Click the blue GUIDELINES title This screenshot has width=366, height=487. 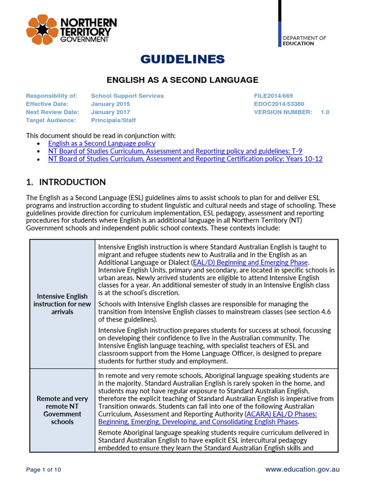click(183, 59)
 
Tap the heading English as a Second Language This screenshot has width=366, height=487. click(183, 80)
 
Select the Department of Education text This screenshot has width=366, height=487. click(305, 40)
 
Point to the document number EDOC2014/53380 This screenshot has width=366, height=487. click(279, 104)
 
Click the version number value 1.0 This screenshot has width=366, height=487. click(325, 112)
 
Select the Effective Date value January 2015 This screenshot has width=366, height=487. click(111, 104)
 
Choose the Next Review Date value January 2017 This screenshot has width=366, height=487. click(111, 112)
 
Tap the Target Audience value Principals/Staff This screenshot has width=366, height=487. click(112, 120)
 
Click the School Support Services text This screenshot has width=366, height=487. click(127, 96)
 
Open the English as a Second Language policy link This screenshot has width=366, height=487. click(102, 143)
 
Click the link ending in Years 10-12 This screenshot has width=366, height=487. click(185, 159)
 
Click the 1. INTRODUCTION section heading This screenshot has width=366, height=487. click(66, 182)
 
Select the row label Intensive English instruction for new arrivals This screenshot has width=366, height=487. click(62, 304)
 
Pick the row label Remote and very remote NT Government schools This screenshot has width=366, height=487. click(62, 410)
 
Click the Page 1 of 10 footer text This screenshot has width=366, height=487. click(43, 470)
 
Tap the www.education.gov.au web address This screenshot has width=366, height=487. click(302, 469)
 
